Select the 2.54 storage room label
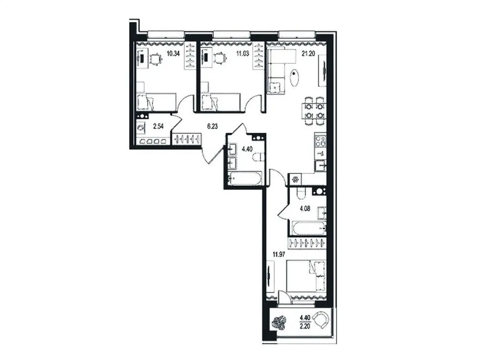tap(159, 127)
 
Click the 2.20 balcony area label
tap(304, 324)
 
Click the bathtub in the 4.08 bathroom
tap(307, 228)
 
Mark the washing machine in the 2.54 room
tap(141, 128)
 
